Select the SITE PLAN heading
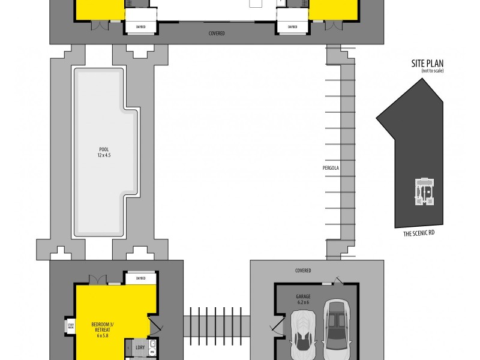(427, 64)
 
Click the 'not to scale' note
(430, 71)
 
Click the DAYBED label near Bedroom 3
(141, 278)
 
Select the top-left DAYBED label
(141, 27)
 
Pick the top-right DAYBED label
(292, 27)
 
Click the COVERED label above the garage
(303, 271)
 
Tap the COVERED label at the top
(217, 34)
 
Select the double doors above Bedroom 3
(98, 280)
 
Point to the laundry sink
(152, 346)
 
